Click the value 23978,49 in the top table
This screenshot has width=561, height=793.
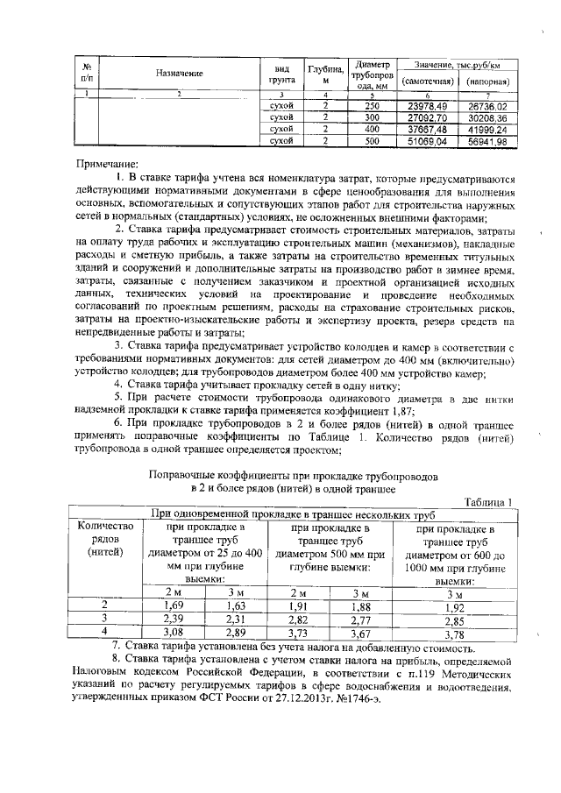[x=427, y=105]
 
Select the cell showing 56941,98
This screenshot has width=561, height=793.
[x=487, y=140]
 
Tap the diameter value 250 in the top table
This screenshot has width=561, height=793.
[x=372, y=105]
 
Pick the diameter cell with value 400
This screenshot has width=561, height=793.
[x=372, y=129]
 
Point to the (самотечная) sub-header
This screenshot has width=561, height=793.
[x=427, y=81]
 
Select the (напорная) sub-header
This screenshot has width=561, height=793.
[x=487, y=81]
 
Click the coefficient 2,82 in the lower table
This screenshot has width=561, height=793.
[x=298, y=619]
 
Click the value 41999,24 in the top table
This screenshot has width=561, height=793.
[x=487, y=129]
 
